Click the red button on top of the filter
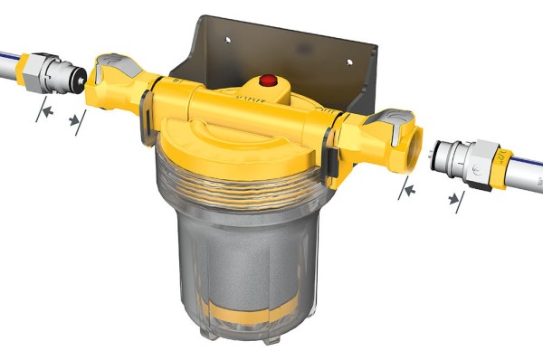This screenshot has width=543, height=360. point(268,81)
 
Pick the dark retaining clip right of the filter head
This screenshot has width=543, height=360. point(332,162)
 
